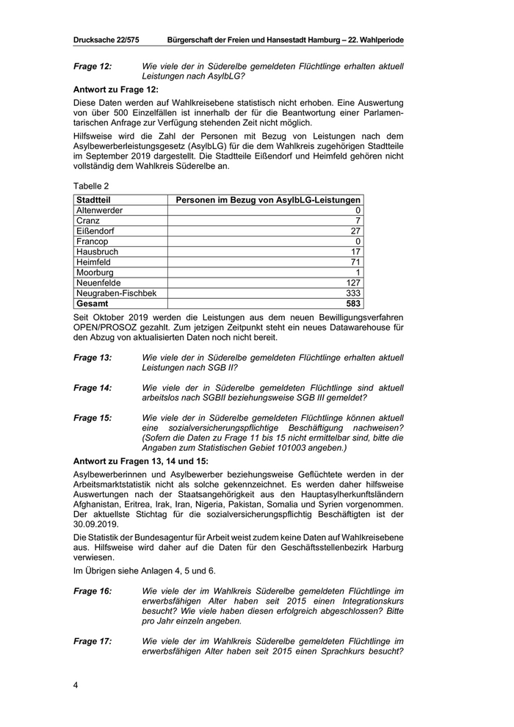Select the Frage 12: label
93,66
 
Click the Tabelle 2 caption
92,187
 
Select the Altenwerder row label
100,210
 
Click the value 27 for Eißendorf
355,231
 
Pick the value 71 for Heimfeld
355,261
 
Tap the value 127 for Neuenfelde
352,282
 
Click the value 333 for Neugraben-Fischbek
352,292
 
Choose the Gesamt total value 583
352,303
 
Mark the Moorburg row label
95,272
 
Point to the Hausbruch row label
97,251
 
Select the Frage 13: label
93,357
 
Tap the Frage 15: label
93,417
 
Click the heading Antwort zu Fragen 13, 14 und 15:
141,461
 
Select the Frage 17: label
93,640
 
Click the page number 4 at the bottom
76,685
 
